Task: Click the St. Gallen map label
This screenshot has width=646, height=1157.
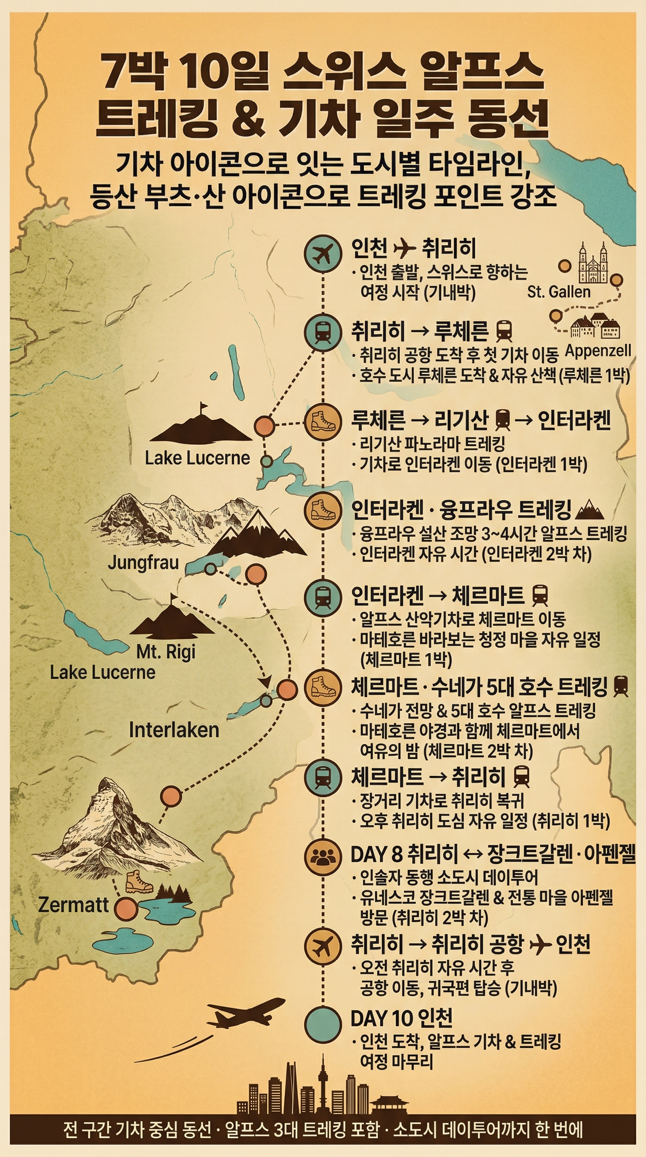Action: (559, 292)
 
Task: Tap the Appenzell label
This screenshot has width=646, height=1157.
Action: (598, 351)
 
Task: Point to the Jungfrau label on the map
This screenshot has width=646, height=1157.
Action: (143, 563)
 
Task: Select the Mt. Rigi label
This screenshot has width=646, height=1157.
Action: (166, 652)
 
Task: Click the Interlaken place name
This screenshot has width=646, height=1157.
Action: (174, 730)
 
